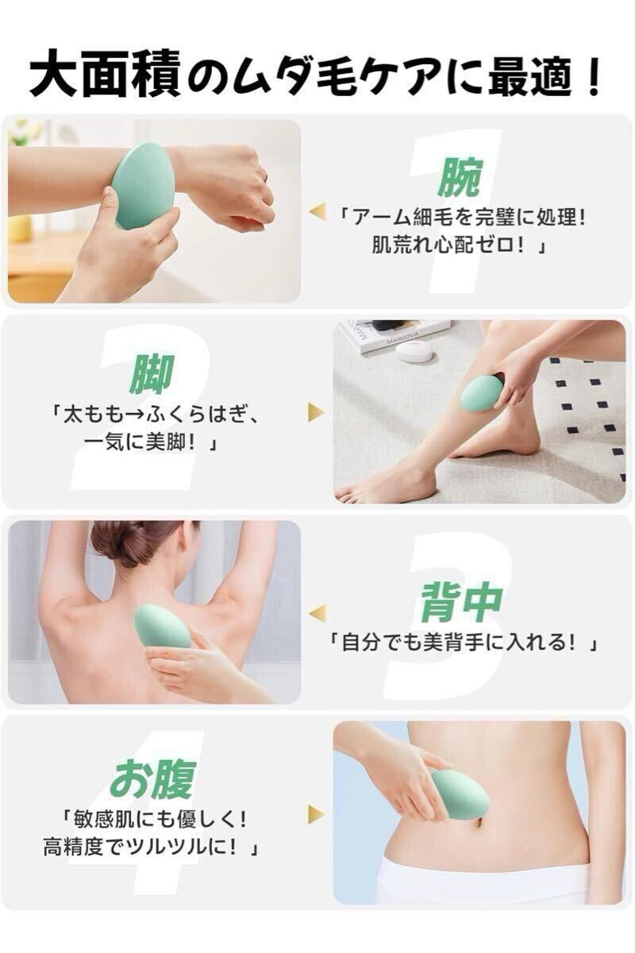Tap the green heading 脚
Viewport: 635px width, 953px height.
click(152, 375)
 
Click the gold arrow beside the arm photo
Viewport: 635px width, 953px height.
click(317, 211)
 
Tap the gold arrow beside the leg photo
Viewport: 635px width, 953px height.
click(317, 412)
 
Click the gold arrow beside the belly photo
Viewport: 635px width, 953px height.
click(317, 813)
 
